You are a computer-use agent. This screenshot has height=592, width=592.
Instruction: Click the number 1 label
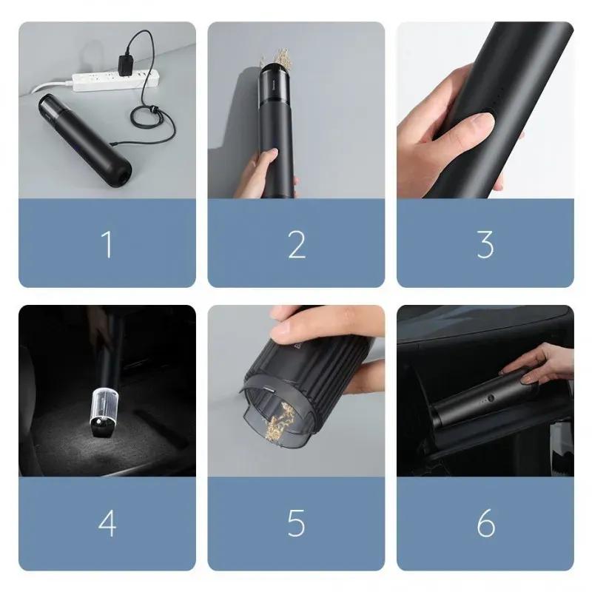pos(108,244)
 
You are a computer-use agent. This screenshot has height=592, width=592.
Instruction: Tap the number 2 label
pos(296,244)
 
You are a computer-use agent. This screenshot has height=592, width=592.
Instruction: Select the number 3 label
pos(485,244)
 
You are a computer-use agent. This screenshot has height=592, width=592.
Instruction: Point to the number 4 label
pos(107,523)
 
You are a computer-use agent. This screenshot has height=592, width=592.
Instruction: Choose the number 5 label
pos(296,523)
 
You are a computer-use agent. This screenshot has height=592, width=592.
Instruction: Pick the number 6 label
pos(485,523)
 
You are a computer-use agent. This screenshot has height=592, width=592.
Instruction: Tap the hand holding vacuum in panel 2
pos(265,172)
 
